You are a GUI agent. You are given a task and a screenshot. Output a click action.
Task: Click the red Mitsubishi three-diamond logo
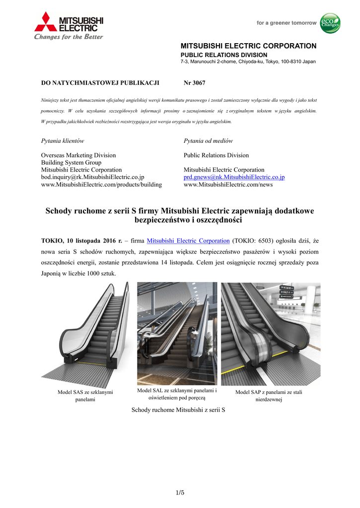tap(46, 22)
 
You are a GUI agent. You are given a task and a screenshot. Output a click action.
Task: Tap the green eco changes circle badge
tap(330, 23)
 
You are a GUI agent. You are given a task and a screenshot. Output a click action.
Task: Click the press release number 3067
tap(194, 83)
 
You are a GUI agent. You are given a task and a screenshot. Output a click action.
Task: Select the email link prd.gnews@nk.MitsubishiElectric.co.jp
tap(234, 177)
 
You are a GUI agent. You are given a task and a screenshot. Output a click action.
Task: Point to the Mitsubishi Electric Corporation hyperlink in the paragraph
tap(188, 241)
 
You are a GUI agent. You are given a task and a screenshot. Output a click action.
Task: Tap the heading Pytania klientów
tap(62, 141)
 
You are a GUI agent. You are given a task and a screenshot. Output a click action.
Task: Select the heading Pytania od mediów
tap(208, 141)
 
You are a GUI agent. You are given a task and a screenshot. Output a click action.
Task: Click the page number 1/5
tap(180, 493)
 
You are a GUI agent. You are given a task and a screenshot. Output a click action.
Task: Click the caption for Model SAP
tap(269, 395)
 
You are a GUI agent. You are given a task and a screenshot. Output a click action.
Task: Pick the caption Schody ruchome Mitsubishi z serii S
tap(178, 410)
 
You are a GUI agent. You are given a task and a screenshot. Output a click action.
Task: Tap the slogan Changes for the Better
tap(69, 37)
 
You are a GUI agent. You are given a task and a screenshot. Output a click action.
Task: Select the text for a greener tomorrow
tap(286, 23)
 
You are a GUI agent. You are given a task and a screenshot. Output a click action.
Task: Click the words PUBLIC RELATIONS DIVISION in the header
tap(223, 55)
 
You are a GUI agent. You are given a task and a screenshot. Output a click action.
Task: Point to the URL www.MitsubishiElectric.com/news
tap(228, 185)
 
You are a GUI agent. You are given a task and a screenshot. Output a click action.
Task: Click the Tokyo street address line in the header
tap(247, 62)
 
